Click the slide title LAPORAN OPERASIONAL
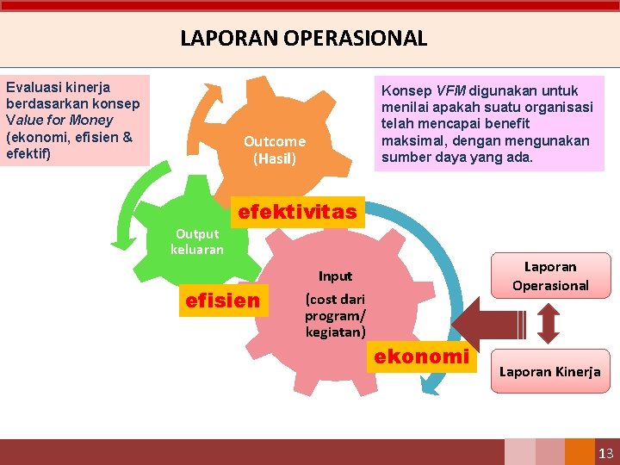click(303, 38)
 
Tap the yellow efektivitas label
click(297, 212)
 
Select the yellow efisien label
click(222, 300)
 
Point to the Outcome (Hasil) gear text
click(274, 150)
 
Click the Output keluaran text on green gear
click(196, 241)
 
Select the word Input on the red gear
click(335, 276)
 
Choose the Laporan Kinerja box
click(549, 372)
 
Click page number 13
click(604, 453)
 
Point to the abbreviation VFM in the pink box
click(450, 90)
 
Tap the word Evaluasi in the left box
click(32, 87)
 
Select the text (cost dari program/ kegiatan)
click(335, 315)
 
